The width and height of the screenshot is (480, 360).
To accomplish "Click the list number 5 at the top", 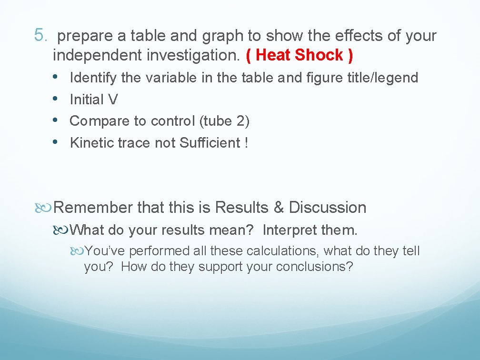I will pos(40,35).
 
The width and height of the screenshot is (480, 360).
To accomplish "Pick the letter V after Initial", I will pos(113,100).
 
